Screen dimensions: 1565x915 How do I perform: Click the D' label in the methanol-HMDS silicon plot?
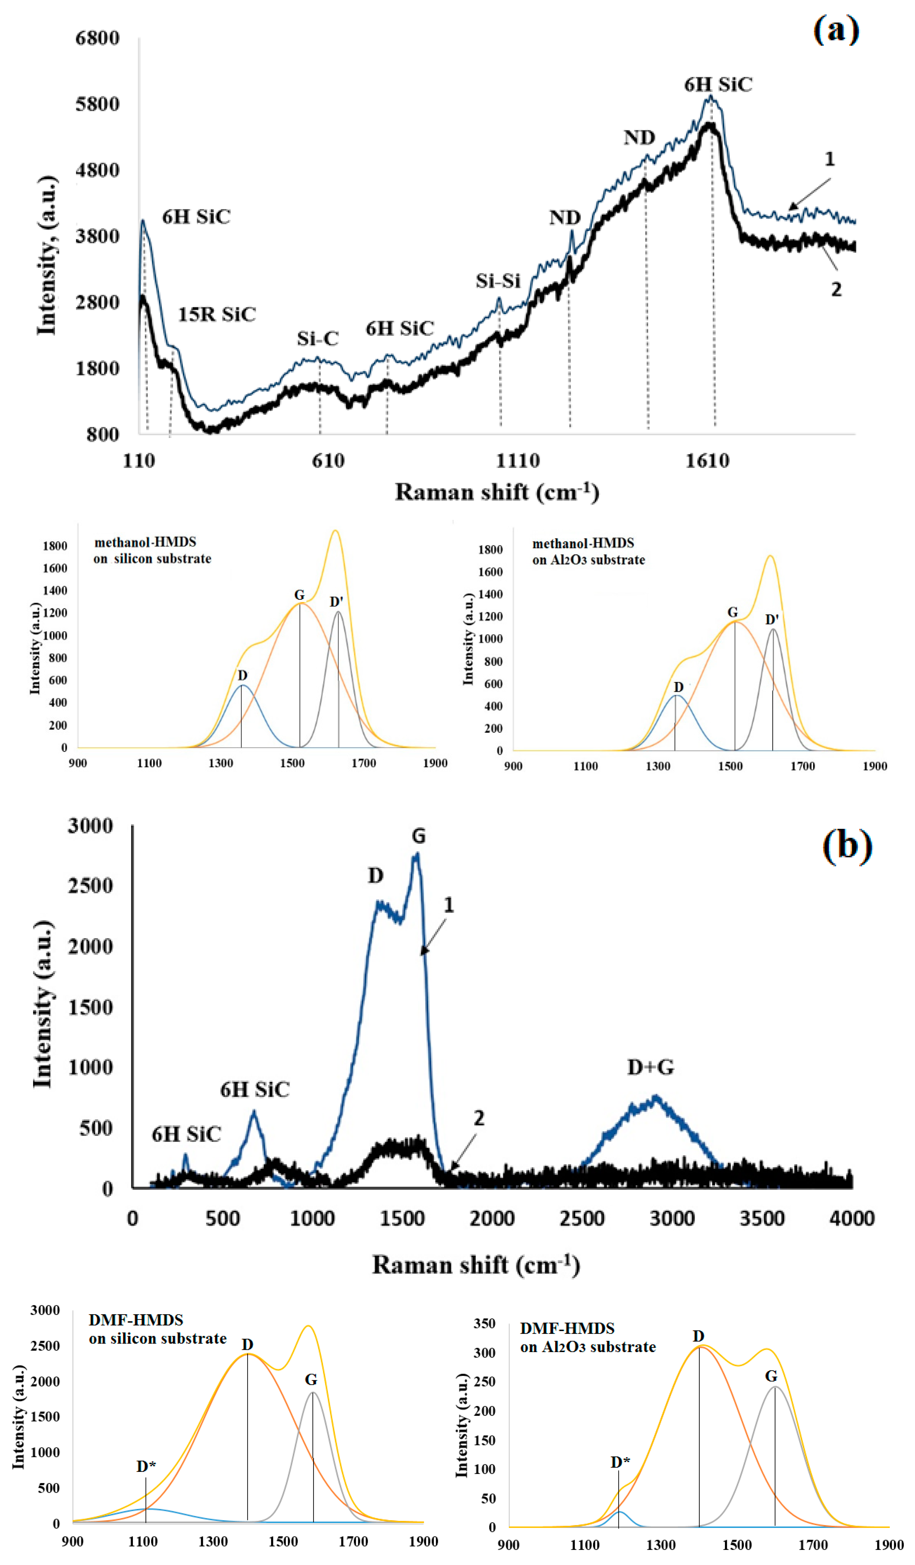(x=336, y=601)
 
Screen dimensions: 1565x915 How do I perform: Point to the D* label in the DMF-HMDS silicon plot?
(x=146, y=1466)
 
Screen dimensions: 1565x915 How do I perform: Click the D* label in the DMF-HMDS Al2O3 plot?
(x=620, y=1462)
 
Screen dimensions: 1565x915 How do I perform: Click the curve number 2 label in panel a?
(x=836, y=290)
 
